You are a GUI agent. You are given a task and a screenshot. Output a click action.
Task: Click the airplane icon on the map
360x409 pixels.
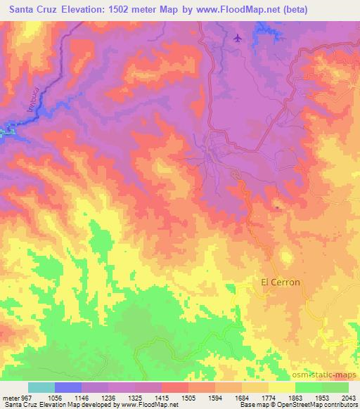pyautogui.click(x=238, y=37)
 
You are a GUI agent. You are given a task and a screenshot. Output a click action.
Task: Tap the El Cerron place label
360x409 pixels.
pyautogui.click(x=281, y=283)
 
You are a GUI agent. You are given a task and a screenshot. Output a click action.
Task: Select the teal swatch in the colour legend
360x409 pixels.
pyautogui.click(x=41, y=387)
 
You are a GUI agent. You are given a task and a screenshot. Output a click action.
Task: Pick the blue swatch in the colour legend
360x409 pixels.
pyautogui.click(x=68, y=387)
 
